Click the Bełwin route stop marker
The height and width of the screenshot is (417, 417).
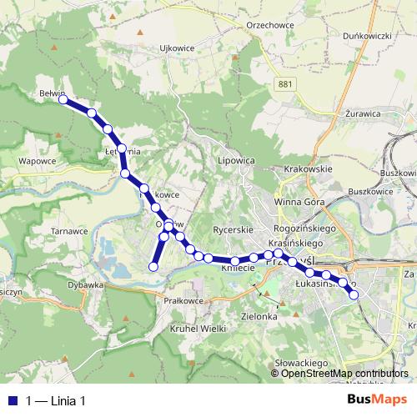pyautogui.click(x=63, y=99)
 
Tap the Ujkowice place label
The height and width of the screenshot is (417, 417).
pyautogui.click(x=177, y=48)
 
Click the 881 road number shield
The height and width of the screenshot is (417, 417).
pyautogui.click(x=286, y=83)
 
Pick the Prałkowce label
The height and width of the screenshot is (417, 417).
pyautogui.click(x=184, y=299)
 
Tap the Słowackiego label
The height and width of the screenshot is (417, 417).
pyautogui.click(x=301, y=364)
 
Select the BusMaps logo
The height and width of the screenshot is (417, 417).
pyautogui.click(x=375, y=399)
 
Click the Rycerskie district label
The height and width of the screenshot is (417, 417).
pyautogui.click(x=233, y=229)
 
